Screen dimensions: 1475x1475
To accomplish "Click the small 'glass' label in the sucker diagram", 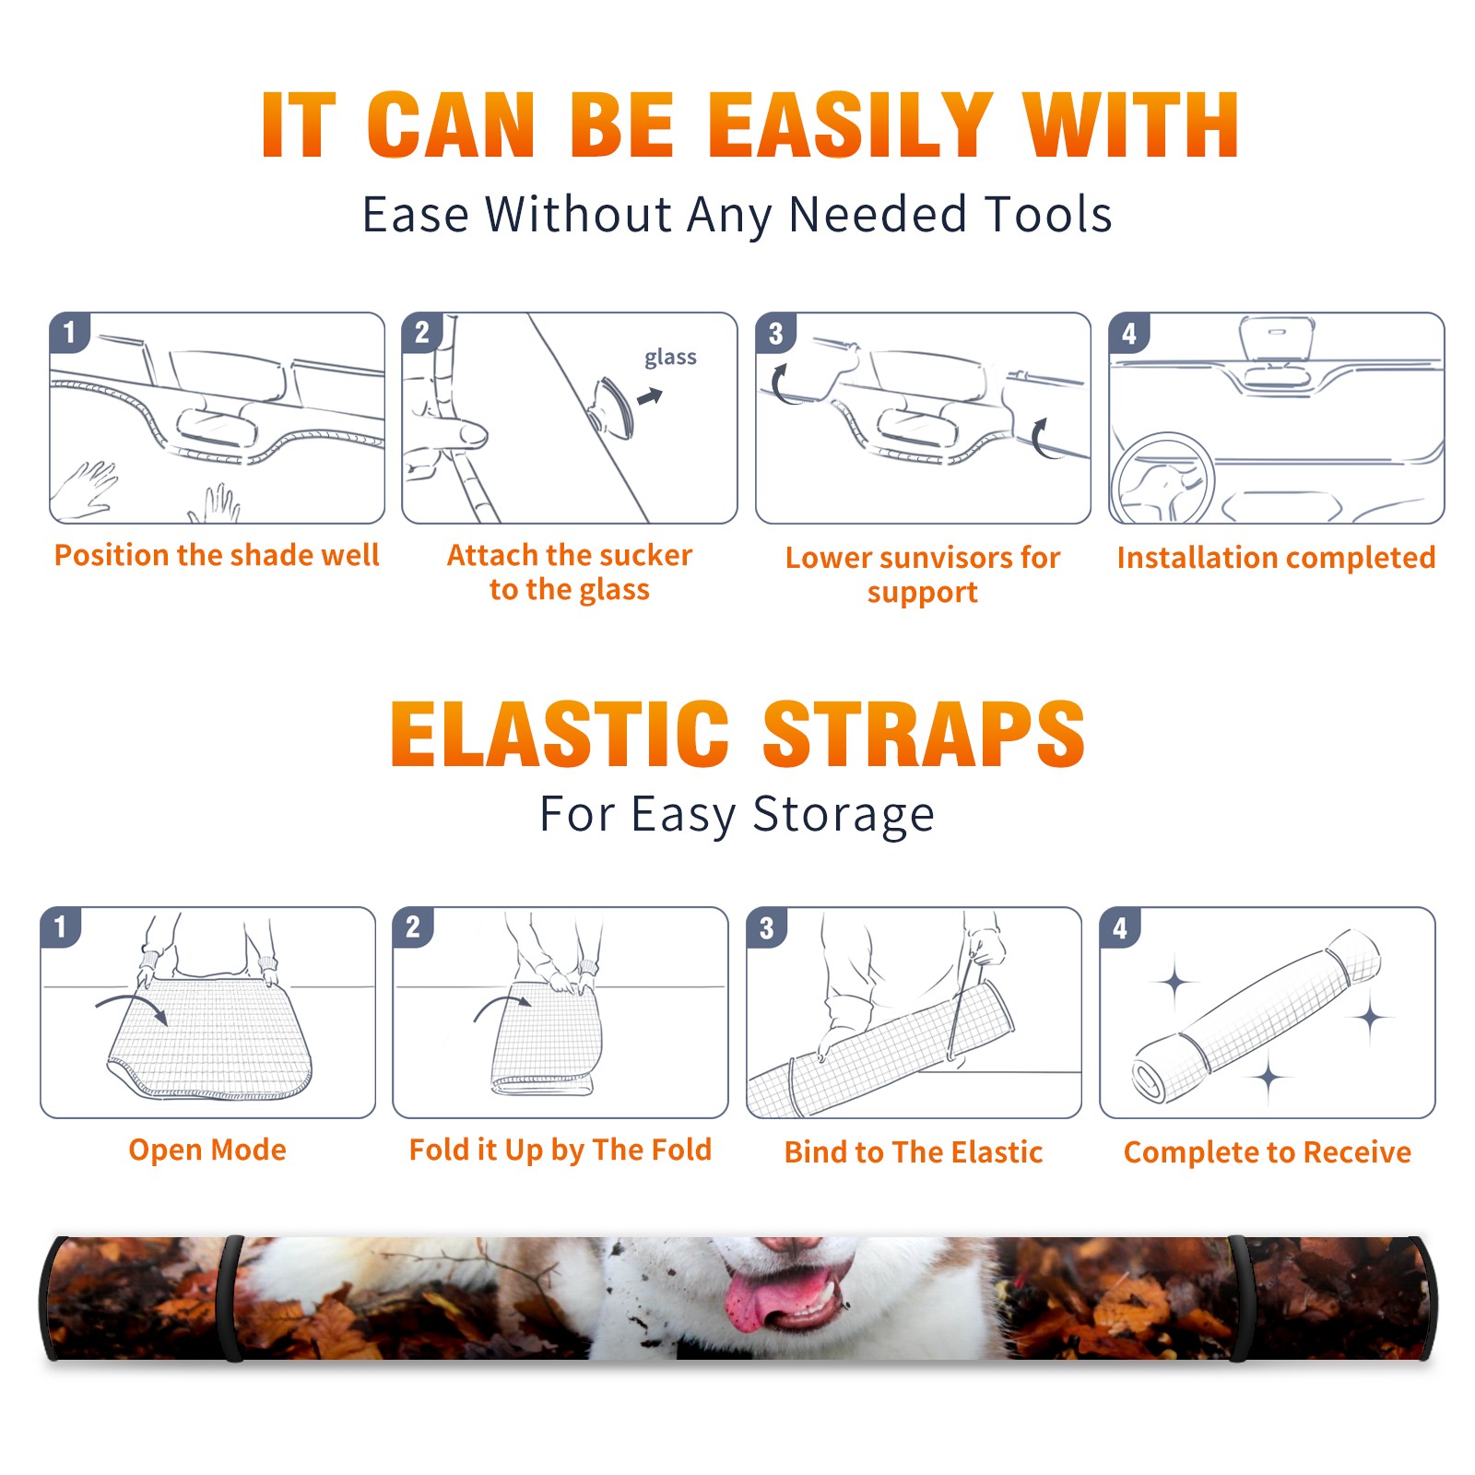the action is [x=670, y=358].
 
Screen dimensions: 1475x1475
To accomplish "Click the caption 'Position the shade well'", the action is [x=217, y=555].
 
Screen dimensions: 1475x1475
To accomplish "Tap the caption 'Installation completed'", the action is [x=1276, y=557].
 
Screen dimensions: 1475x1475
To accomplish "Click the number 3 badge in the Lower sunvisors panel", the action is [x=775, y=333].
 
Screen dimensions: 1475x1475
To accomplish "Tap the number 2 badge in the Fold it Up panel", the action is [x=413, y=926].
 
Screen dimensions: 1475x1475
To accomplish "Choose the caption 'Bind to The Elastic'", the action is [x=914, y=1151].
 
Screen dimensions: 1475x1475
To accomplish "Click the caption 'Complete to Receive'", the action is [x=1268, y=1151].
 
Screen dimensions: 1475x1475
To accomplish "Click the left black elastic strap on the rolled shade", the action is [x=230, y=1298].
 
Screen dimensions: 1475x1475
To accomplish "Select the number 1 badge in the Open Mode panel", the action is [x=60, y=926].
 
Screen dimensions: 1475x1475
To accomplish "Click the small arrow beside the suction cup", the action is [x=651, y=396].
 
